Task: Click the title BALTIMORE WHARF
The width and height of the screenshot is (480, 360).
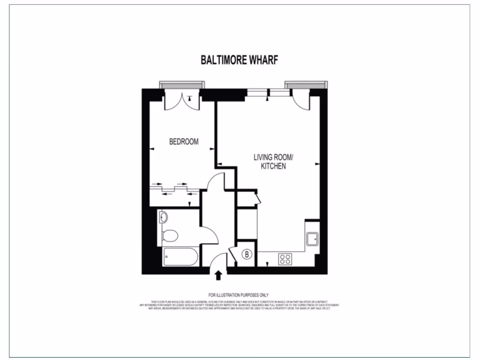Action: point(240,60)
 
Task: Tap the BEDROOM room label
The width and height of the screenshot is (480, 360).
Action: point(184,141)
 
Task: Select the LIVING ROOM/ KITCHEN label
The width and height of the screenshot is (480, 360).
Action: point(273,161)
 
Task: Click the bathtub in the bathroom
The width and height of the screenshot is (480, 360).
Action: point(180,257)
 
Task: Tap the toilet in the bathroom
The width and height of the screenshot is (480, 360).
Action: point(169,235)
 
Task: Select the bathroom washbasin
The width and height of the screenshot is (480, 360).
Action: point(163,217)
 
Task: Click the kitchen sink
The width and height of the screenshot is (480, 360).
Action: point(312,239)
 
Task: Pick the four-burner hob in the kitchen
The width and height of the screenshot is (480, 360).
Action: point(285,259)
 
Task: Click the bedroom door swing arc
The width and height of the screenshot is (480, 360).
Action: point(215,181)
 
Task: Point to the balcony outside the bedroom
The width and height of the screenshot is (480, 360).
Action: point(181,84)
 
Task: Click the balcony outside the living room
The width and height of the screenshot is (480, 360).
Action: point(305,84)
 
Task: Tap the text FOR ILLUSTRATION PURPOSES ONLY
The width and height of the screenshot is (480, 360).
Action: point(239,295)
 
